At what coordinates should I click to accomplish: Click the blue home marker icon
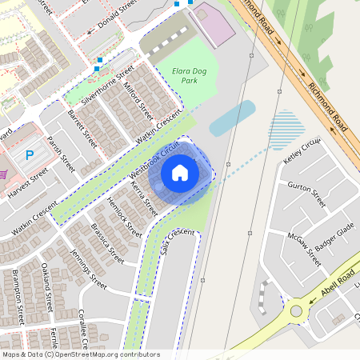point(180,173)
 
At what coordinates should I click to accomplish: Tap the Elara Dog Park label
point(190,76)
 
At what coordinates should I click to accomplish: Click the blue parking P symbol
point(30,155)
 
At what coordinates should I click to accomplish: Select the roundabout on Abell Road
point(298,310)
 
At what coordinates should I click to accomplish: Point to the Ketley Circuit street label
point(302,150)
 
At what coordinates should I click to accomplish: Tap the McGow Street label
point(304,249)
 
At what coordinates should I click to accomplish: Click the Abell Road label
point(337,286)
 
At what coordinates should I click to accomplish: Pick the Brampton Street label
point(17,297)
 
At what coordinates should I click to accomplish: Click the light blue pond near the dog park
point(232,118)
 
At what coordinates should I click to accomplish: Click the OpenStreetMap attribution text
point(80,354)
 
